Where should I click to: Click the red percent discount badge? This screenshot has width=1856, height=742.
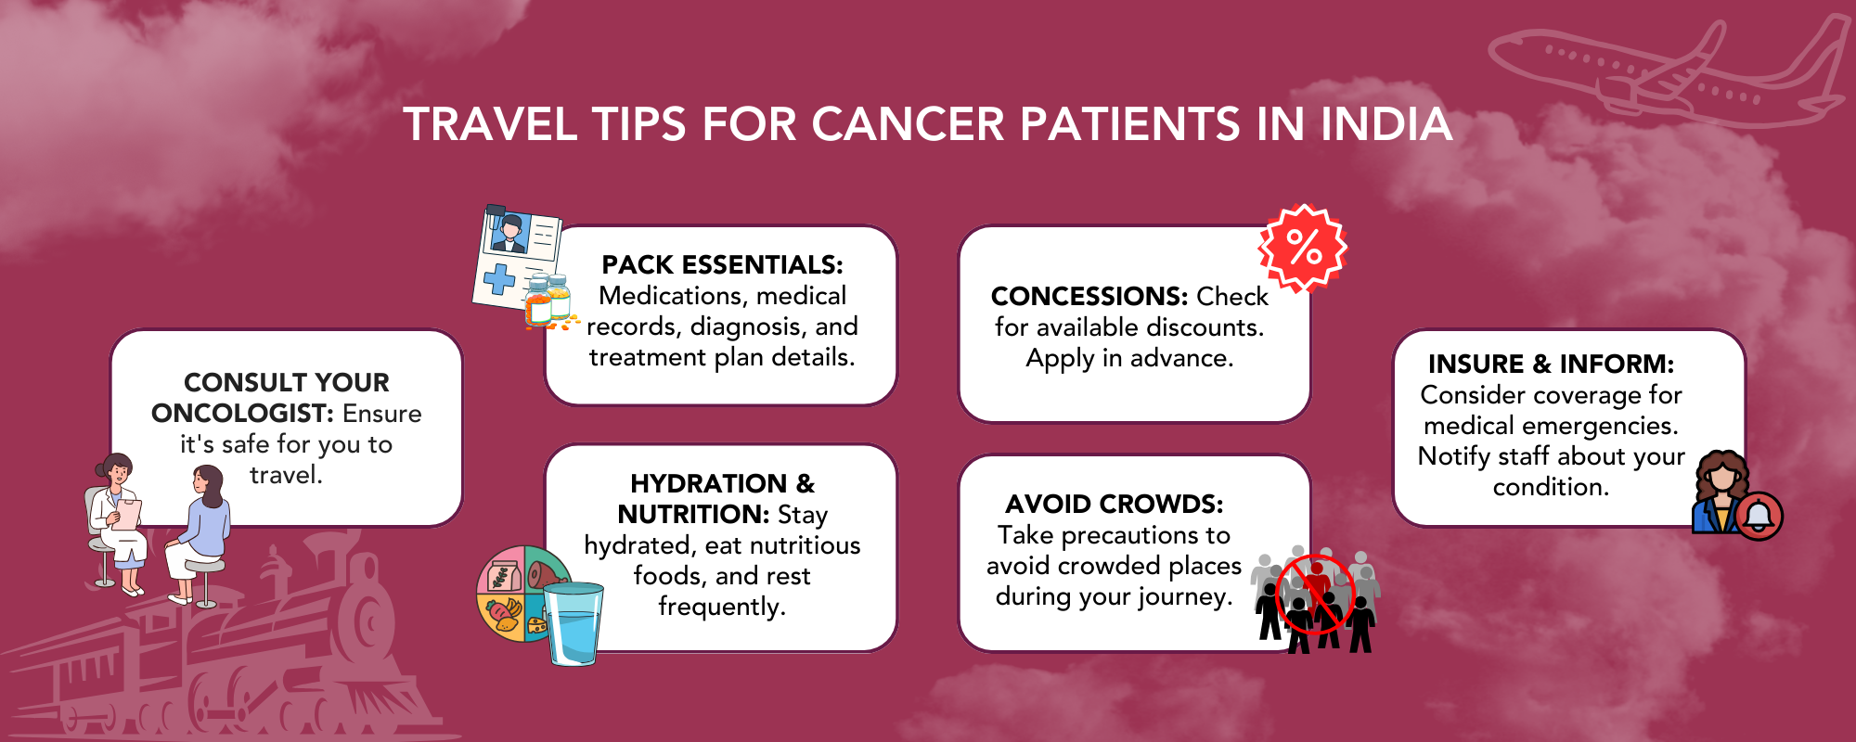[1303, 248]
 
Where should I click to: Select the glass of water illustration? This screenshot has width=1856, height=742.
[574, 623]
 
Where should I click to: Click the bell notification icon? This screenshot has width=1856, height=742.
[1759, 517]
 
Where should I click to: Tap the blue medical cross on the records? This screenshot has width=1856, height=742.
[499, 278]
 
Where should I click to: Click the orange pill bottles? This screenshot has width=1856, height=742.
[548, 301]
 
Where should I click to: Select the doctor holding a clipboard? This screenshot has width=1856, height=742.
[121, 519]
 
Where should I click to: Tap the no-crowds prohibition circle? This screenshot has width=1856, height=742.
[1316, 594]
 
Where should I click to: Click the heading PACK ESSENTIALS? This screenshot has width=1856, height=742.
[722, 265]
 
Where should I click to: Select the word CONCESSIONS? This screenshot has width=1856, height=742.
[1089, 297]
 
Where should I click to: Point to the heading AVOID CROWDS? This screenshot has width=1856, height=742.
[1114, 505]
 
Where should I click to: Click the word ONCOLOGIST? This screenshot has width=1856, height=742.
[242, 414]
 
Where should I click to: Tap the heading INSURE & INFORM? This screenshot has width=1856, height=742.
[1551, 364]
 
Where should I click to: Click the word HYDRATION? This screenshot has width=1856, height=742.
[708, 484]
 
